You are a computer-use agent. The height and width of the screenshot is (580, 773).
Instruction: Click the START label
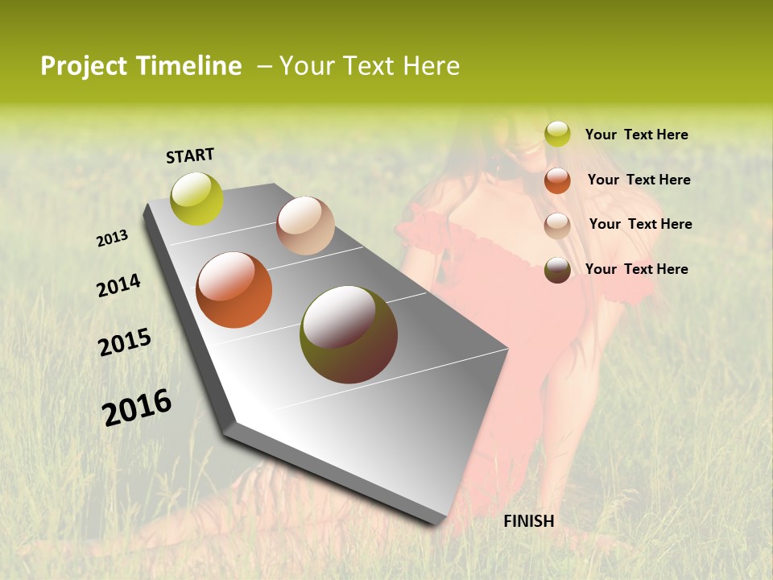(x=190, y=155)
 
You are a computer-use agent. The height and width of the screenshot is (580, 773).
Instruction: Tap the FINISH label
(x=528, y=521)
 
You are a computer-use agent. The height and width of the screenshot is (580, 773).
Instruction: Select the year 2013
(x=113, y=238)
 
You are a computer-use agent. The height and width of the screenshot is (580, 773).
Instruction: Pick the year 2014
(x=118, y=285)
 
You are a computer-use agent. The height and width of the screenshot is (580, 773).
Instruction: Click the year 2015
(x=125, y=342)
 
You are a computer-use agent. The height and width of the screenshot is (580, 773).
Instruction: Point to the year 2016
(x=137, y=407)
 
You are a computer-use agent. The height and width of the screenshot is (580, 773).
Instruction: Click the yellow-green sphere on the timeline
(x=197, y=199)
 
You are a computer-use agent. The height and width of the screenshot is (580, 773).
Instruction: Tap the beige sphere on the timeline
(x=305, y=226)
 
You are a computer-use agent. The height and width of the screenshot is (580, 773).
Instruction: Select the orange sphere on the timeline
(x=234, y=290)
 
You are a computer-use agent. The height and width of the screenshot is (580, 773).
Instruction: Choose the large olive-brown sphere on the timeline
(x=349, y=334)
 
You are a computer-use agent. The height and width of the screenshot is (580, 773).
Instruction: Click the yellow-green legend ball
(x=557, y=135)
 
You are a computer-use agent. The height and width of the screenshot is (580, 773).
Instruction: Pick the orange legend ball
(x=557, y=180)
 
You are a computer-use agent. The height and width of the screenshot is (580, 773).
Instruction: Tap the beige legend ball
(x=557, y=226)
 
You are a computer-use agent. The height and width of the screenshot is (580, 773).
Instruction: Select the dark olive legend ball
(x=557, y=270)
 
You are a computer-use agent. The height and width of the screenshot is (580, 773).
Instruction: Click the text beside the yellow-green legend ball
(x=636, y=135)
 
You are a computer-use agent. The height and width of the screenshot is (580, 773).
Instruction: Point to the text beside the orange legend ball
(x=639, y=180)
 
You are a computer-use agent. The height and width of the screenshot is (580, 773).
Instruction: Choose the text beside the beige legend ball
(x=640, y=224)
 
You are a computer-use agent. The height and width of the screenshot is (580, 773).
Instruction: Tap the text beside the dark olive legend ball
(x=636, y=269)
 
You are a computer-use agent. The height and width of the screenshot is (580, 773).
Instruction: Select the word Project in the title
(x=85, y=66)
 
